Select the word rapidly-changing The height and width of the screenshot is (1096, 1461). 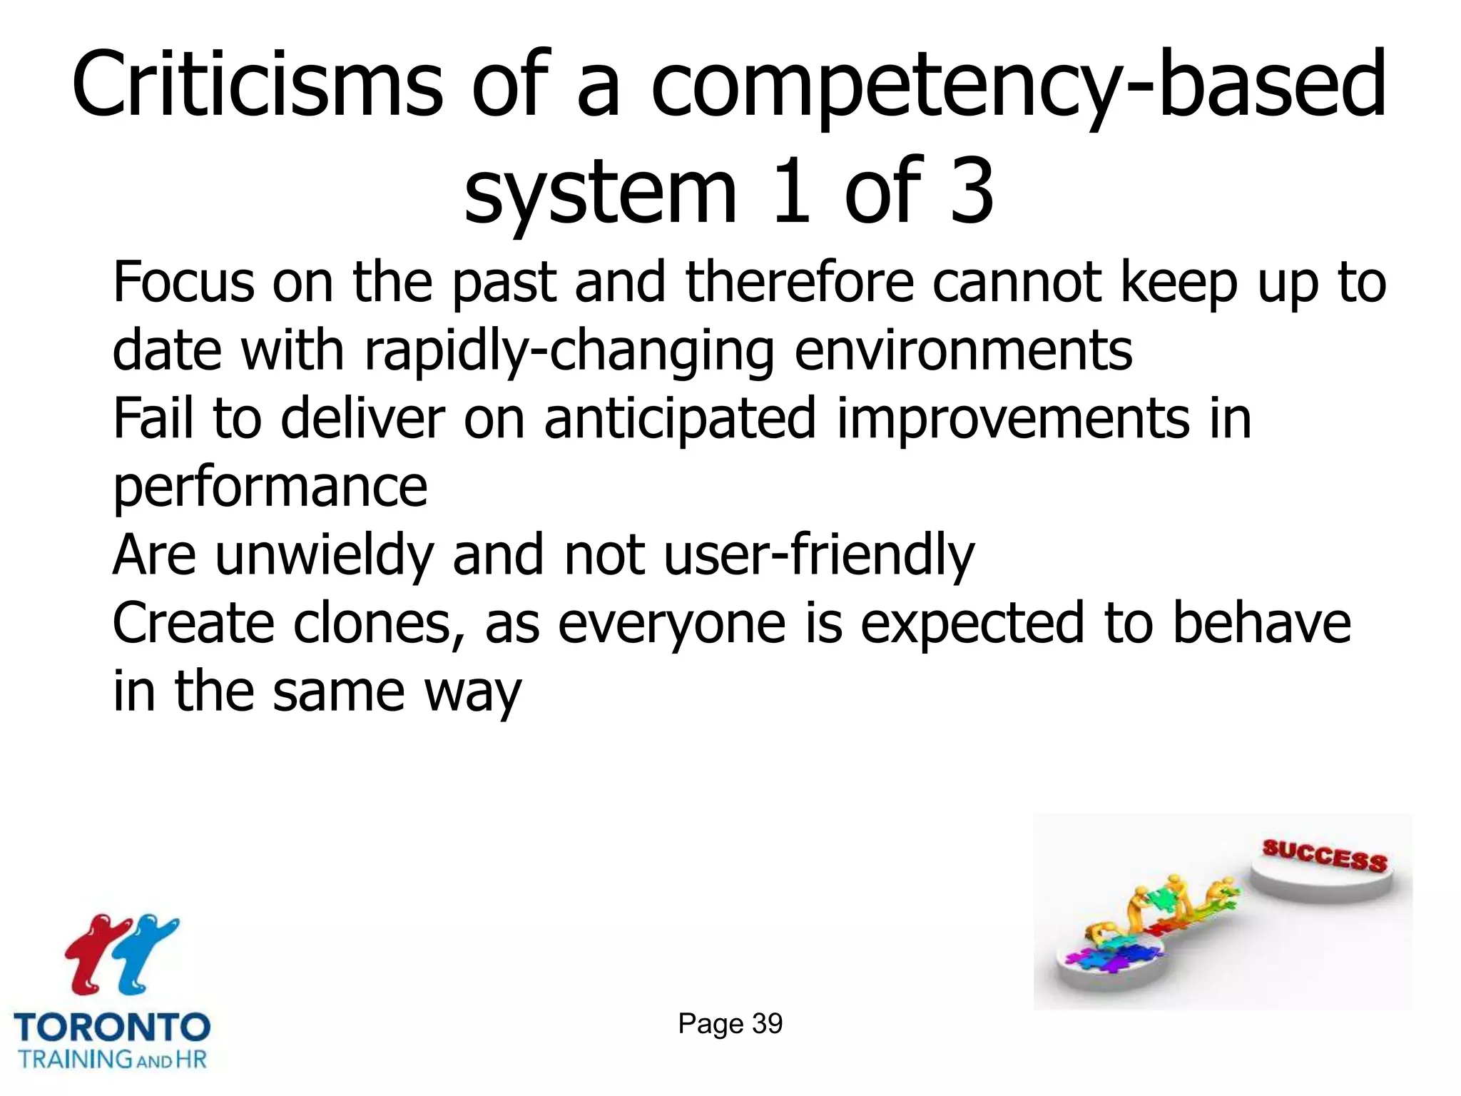[569, 351]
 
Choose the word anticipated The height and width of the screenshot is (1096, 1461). [680, 420]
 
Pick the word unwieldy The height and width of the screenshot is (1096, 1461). [324, 556]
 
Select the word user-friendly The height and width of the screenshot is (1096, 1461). [819, 556]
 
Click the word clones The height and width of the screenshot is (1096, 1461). [374, 623]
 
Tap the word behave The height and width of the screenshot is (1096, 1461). [1261, 623]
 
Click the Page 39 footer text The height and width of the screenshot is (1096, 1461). [730, 1023]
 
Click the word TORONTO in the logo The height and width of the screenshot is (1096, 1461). [112, 1028]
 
